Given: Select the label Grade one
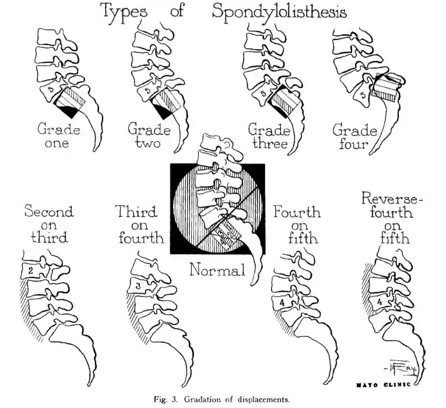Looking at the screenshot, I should click(x=59, y=135).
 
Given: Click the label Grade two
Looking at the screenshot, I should click(x=149, y=135).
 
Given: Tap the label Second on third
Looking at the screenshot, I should click(x=49, y=224).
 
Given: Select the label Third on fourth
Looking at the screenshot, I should click(x=138, y=224).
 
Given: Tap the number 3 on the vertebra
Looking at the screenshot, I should click(x=136, y=286).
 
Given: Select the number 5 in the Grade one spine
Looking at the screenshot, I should click(x=51, y=90).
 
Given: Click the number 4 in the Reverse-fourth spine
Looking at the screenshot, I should click(x=380, y=302).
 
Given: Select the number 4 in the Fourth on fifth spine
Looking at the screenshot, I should click(x=282, y=303).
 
